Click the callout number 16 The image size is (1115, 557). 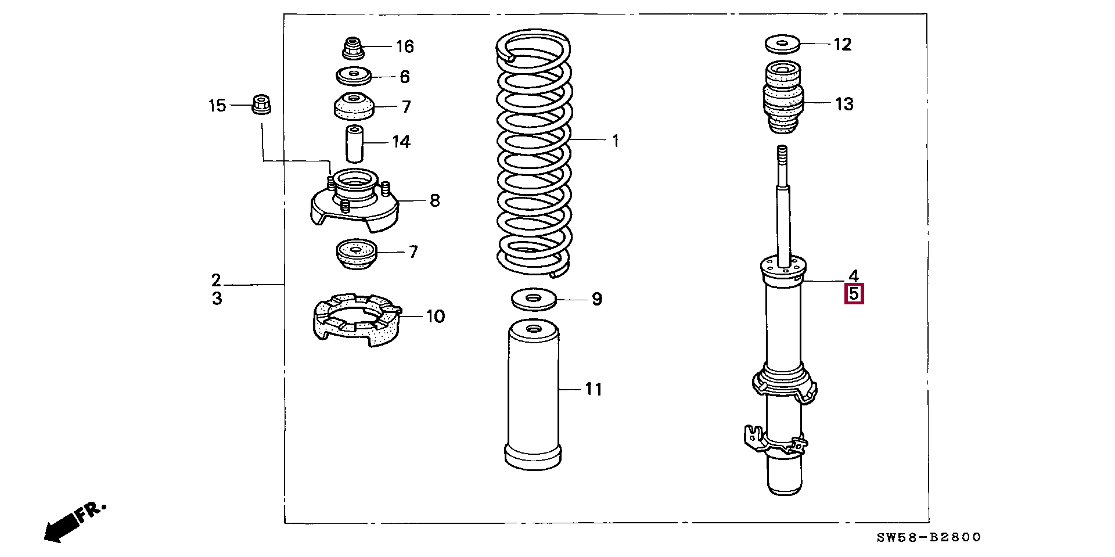tap(405, 46)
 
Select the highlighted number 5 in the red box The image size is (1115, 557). tap(854, 294)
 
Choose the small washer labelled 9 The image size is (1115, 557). tap(534, 300)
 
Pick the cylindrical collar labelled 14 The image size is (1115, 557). tap(355, 143)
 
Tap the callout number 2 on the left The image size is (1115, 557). tap(216, 281)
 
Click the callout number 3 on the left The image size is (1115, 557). tap(217, 299)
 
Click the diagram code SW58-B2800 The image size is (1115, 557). tap(929, 538)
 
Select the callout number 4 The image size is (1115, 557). tap(853, 276)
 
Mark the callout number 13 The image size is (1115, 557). tap(844, 104)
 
